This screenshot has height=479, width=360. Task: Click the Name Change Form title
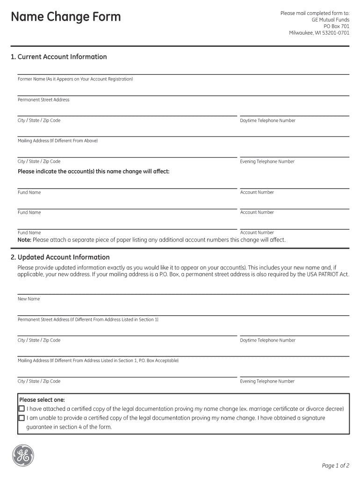(65, 17)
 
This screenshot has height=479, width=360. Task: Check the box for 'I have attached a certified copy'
(22, 409)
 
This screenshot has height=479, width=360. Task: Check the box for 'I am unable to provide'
(22, 418)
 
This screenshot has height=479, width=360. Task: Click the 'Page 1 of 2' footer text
(336, 465)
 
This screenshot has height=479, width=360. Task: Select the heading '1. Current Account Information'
(58, 57)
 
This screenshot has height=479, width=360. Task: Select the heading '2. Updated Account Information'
(60, 257)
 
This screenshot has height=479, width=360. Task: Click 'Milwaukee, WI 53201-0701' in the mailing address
(319, 33)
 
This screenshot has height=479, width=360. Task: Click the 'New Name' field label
(29, 299)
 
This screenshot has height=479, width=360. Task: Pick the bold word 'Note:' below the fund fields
(24, 240)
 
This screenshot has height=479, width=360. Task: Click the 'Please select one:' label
(42, 400)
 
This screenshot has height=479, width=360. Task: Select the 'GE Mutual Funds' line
(331, 20)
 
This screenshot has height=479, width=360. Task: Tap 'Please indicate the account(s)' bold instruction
(94, 172)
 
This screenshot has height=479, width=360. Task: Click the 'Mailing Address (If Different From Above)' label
(58, 141)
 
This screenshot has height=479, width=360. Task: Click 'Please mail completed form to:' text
(315, 14)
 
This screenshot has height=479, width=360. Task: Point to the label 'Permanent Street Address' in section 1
(43, 100)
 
